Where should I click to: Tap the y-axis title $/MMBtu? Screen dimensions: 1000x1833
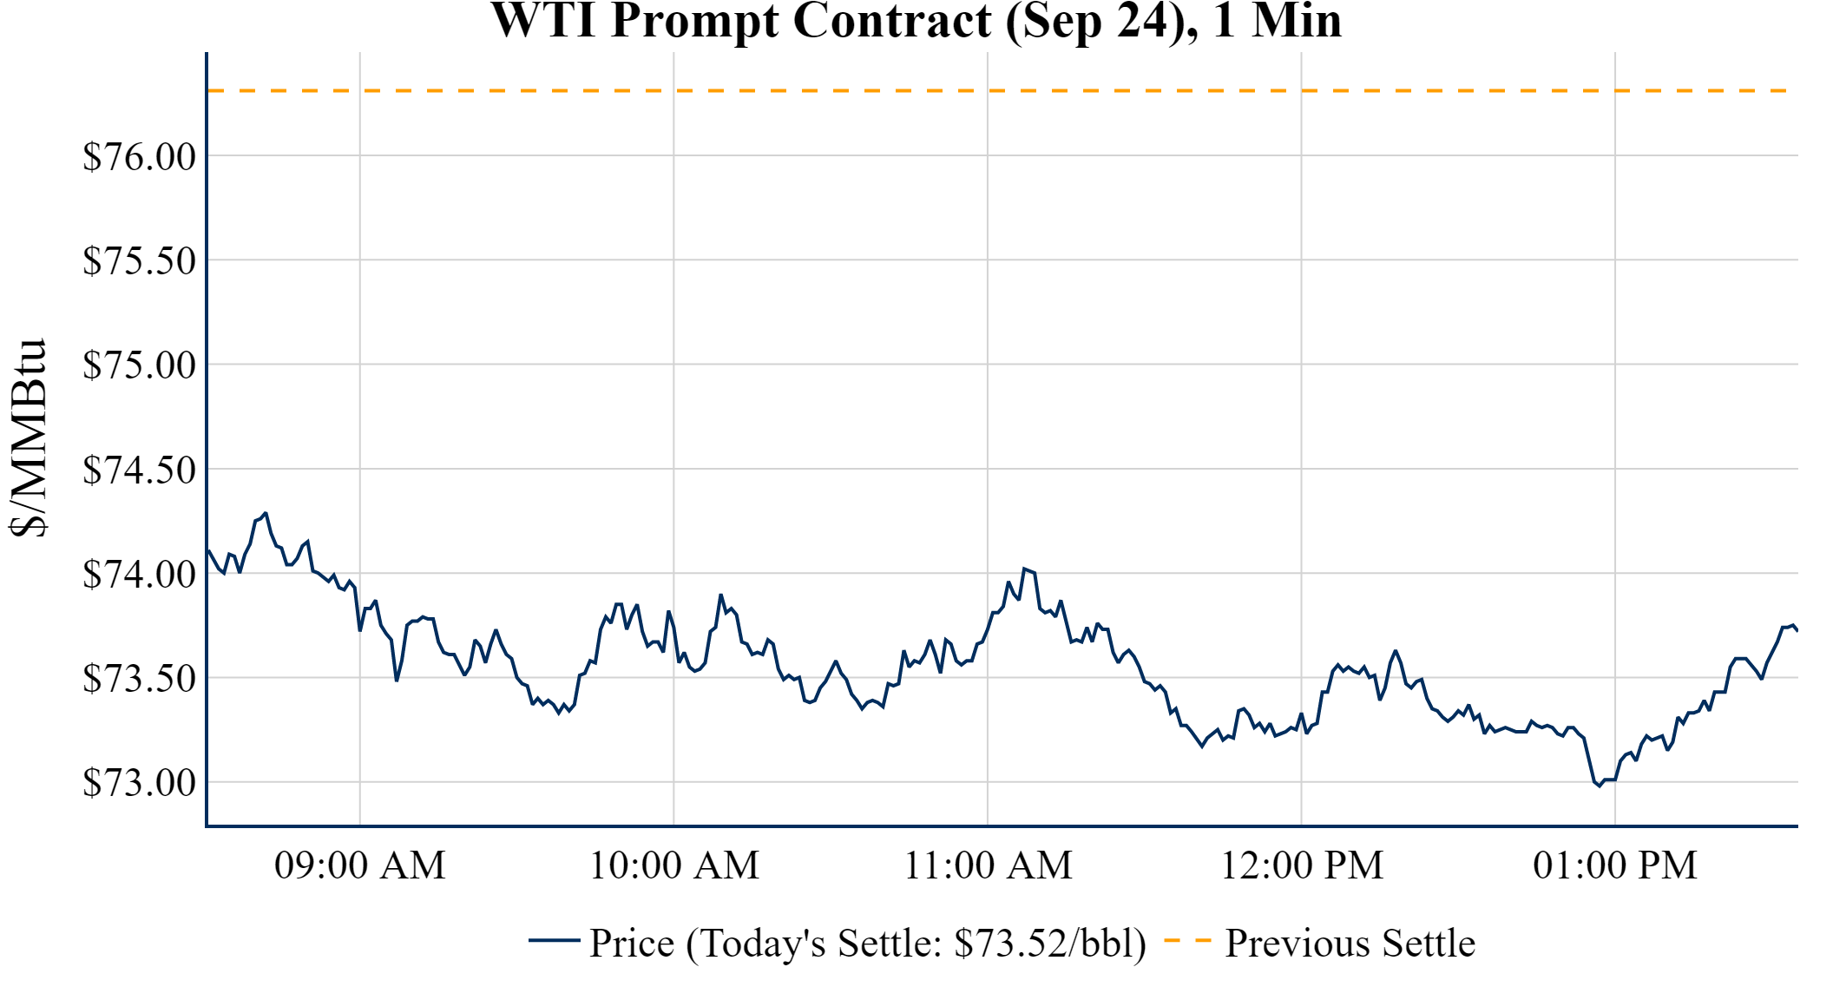[x=28, y=437]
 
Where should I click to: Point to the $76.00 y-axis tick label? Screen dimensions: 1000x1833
[x=139, y=157]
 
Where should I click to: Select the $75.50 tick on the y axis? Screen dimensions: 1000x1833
[x=139, y=261]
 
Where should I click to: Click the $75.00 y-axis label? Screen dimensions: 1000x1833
[x=139, y=365]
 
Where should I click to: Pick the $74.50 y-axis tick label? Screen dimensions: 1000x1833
[x=139, y=470]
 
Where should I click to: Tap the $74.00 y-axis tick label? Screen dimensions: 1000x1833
[x=139, y=575]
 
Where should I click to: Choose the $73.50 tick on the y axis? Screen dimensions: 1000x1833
[x=139, y=679]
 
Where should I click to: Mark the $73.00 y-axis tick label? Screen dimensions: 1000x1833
[x=139, y=783]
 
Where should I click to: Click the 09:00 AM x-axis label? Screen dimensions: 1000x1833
[x=360, y=865]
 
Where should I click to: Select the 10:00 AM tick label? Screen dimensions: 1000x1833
[x=674, y=865]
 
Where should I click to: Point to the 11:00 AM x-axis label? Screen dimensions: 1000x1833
[x=989, y=865]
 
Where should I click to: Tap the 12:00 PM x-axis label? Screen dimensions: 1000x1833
[x=1302, y=865]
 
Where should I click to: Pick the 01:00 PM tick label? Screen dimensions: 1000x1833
[x=1615, y=865]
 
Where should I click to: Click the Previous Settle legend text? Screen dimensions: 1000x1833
[x=1350, y=944]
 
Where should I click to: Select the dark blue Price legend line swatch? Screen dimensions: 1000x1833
[x=554, y=940]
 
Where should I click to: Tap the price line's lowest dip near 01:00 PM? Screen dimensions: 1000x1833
[x=1600, y=786]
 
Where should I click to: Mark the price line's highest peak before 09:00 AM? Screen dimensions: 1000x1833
[x=266, y=513]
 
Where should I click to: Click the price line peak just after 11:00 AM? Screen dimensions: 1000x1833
[x=1024, y=569]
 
